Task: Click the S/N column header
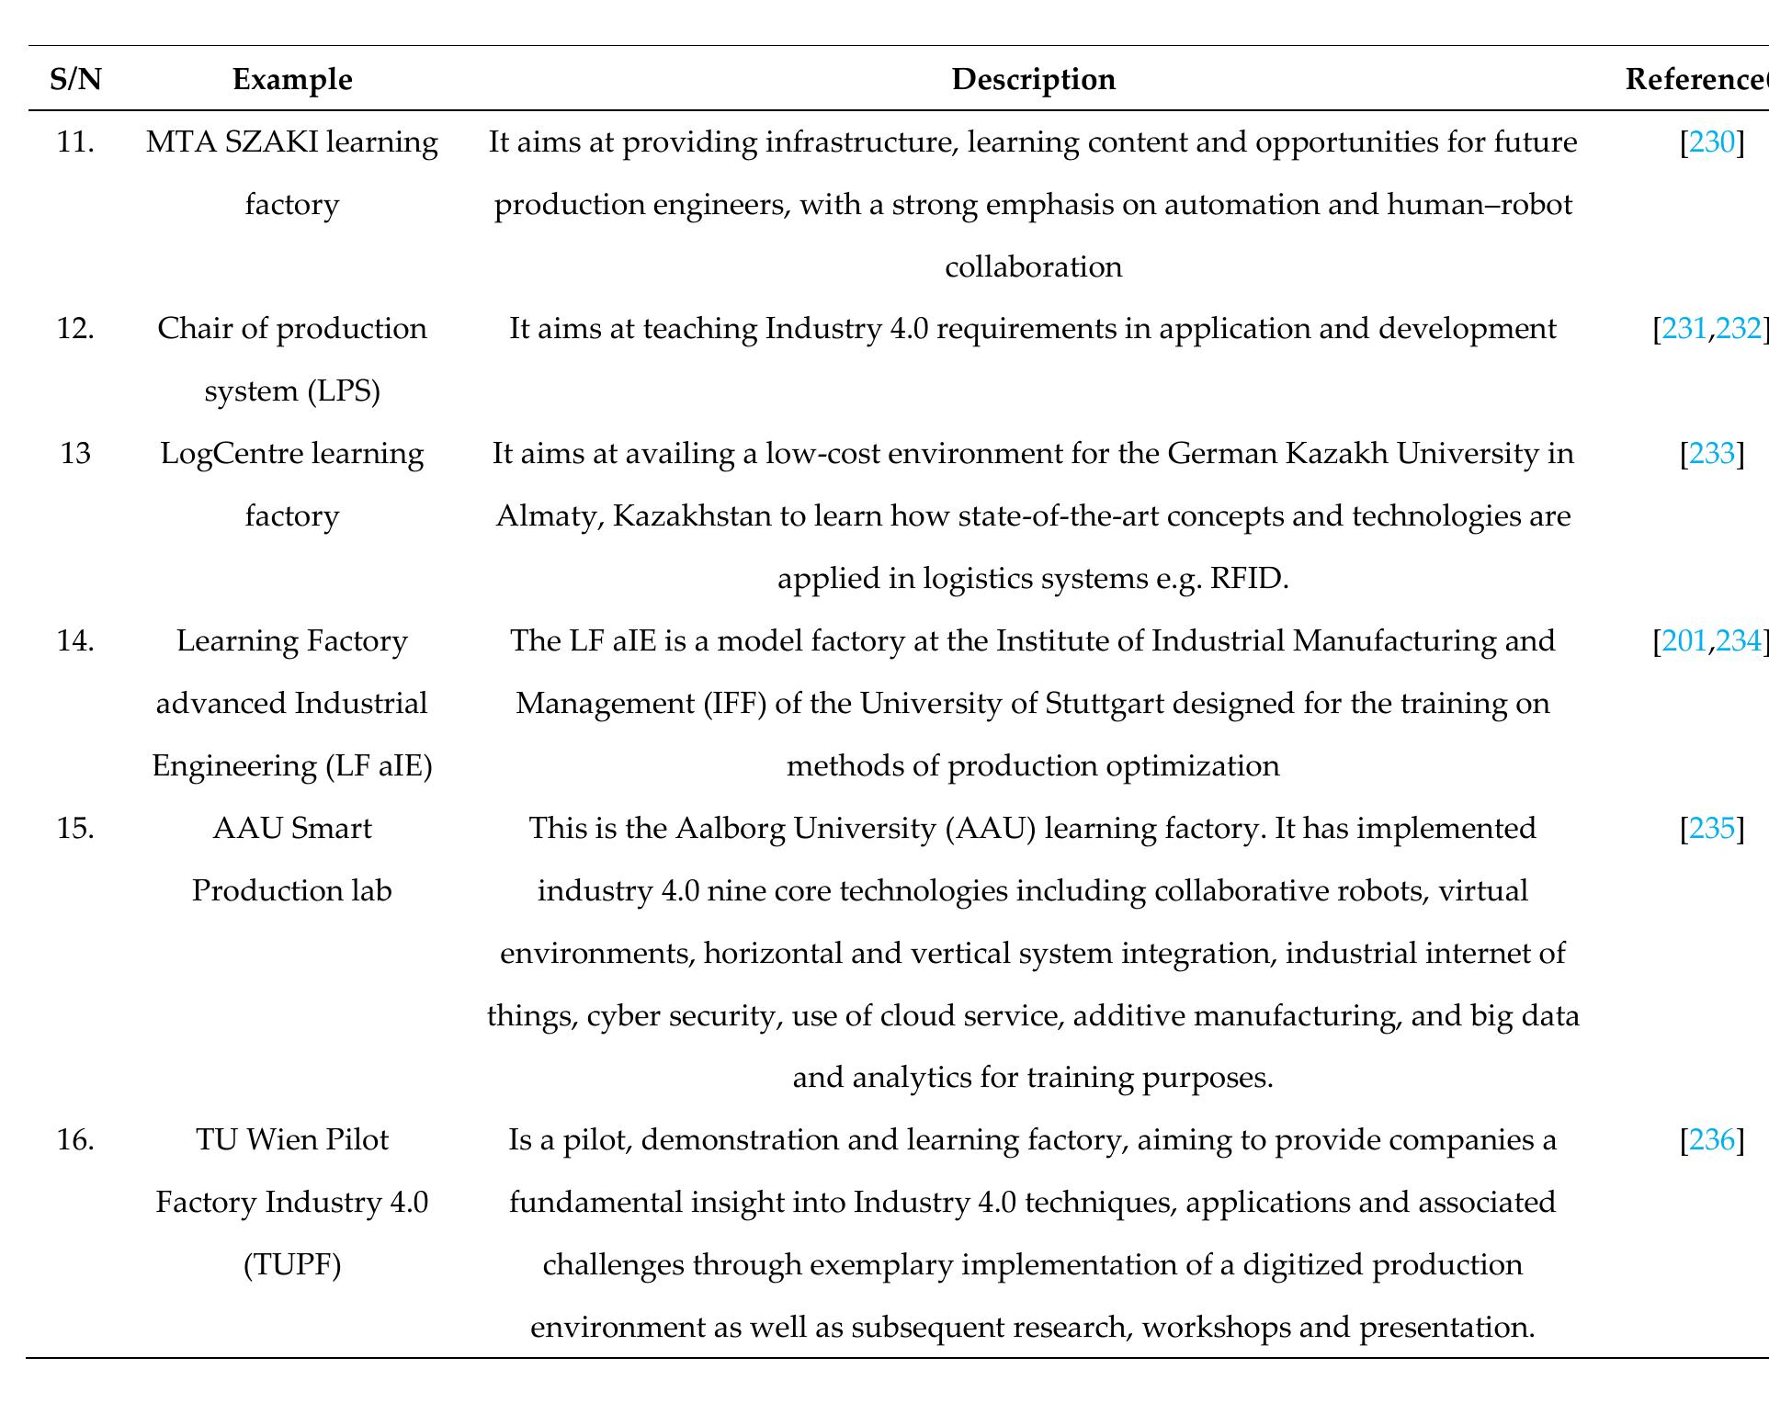pyautogui.click(x=75, y=80)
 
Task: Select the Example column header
pyautogui.click(x=292, y=80)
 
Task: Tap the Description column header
pyautogui.click(x=1033, y=80)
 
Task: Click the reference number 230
pyautogui.click(x=1711, y=142)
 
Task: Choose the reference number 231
pyautogui.click(x=1684, y=329)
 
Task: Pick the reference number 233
pyautogui.click(x=1711, y=454)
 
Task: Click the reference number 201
pyautogui.click(x=1684, y=640)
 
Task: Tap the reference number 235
pyautogui.click(x=1711, y=829)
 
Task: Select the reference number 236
pyautogui.click(x=1711, y=1140)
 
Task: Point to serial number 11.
pyautogui.click(x=75, y=142)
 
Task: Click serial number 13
pyautogui.click(x=75, y=454)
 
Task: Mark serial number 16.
pyautogui.click(x=75, y=1140)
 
